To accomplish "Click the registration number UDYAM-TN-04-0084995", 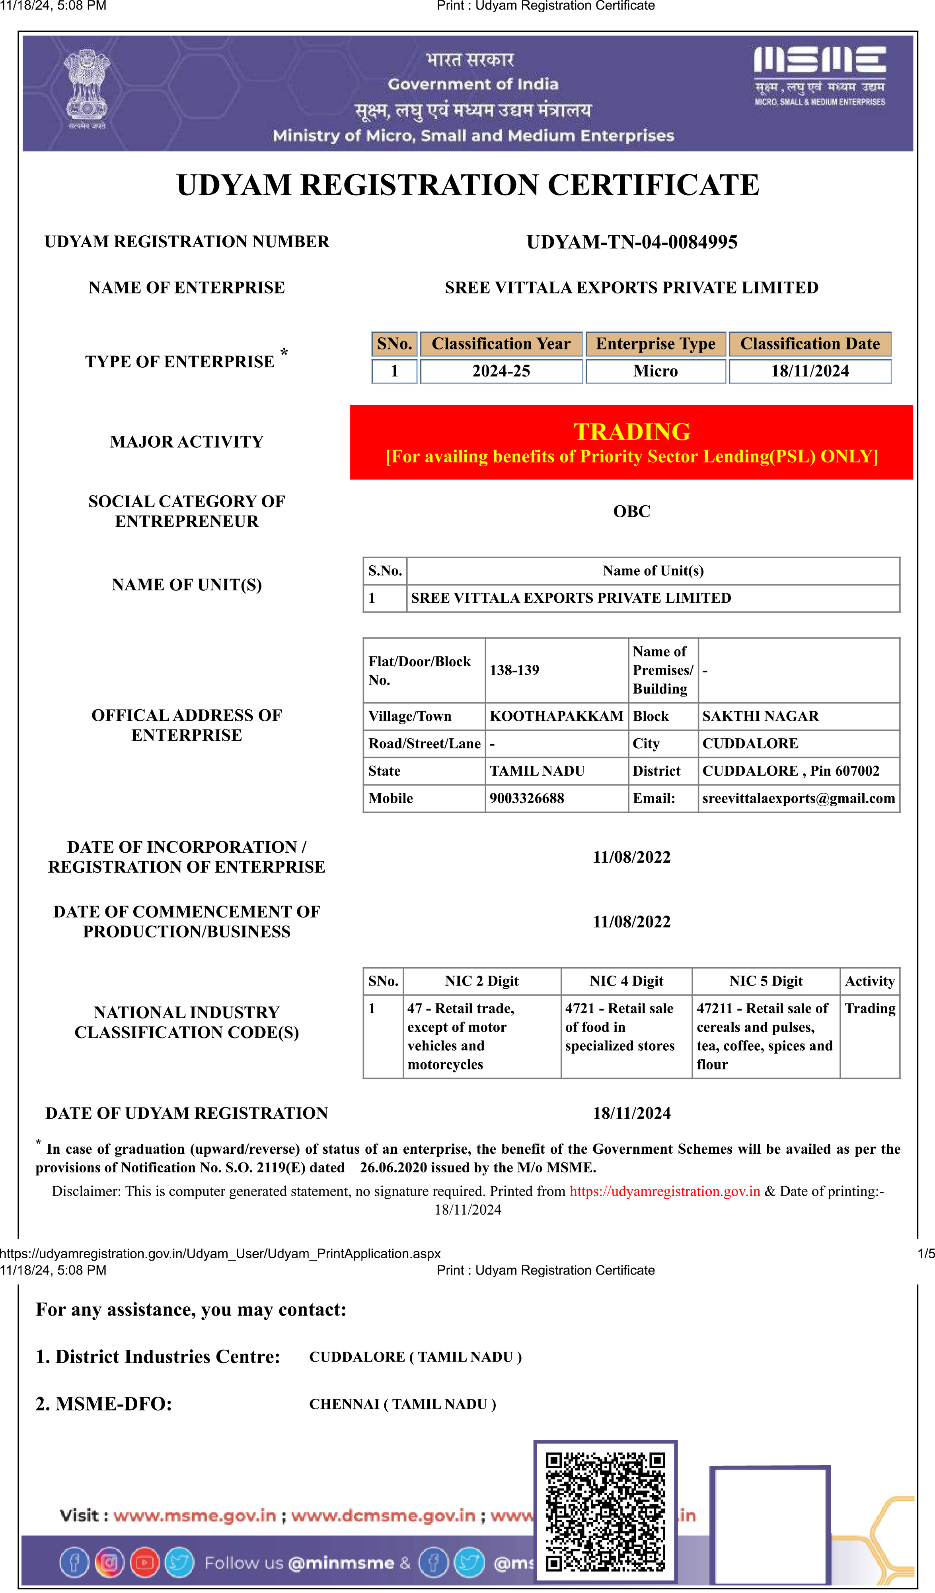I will tap(631, 242).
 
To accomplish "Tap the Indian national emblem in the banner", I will tap(87, 89).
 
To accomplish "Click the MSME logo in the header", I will tap(819, 75).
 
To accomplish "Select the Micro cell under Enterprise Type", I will tap(655, 371).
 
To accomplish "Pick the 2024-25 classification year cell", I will tap(501, 371).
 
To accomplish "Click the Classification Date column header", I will tap(810, 344).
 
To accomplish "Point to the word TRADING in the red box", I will tap(631, 432).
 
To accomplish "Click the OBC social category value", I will tap(631, 511).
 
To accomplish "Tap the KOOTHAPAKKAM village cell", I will tap(556, 716).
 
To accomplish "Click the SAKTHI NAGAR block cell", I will tap(760, 716).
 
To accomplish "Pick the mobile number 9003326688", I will tap(526, 798).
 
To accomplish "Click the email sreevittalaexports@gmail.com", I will tap(799, 798).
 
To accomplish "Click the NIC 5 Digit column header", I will tap(766, 981).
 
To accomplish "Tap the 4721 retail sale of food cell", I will tap(620, 1027).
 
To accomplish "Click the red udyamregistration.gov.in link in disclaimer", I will tap(664, 1191).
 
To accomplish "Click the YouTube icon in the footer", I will tap(145, 1563).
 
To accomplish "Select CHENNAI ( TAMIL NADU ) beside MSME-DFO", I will tap(402, 1405).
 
